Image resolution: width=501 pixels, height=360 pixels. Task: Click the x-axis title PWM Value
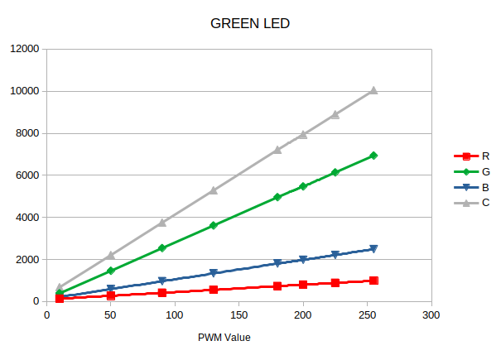[224, 338]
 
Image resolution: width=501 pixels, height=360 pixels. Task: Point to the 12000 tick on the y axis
[25, 49]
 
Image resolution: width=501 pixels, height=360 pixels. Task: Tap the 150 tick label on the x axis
[239, 315]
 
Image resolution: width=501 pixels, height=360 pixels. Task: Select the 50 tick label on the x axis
[111, 315]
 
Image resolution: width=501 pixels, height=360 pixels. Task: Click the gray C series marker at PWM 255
[373, 90]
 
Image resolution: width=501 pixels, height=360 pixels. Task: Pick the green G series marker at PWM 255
[373, 156]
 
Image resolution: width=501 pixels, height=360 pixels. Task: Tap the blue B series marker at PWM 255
[373, 249]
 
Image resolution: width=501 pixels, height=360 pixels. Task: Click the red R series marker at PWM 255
[373, 281]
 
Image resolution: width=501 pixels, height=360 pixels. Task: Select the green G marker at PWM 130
[214, 225]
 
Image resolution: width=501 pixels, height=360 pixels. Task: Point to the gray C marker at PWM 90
[162, 222]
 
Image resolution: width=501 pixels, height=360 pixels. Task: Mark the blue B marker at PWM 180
[277, 263]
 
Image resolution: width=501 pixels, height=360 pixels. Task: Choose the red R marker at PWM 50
[111, 295]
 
